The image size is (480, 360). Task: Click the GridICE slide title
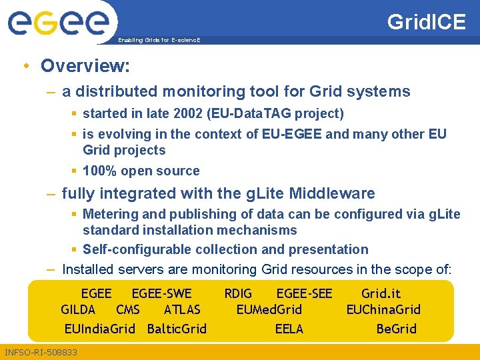[427, 21]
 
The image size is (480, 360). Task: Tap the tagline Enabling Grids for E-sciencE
[159, 41]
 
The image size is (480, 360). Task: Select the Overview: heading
[85, 66]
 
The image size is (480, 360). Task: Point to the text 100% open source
[141, 171]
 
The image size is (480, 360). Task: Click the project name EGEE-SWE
[161, 293]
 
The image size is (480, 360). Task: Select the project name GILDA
[78, 309]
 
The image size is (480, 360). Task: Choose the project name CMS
[128, 309]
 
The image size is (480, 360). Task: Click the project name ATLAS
[182, 309]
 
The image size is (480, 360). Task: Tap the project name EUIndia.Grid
[99, 329]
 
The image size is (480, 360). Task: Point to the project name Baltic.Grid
[177, 329]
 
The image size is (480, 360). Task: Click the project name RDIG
[238, 293]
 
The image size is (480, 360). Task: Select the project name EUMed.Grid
[269, 309]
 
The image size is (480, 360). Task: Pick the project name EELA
[289, 329]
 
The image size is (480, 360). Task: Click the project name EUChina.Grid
[383, 309]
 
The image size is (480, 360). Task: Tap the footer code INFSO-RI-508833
[41, 352]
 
